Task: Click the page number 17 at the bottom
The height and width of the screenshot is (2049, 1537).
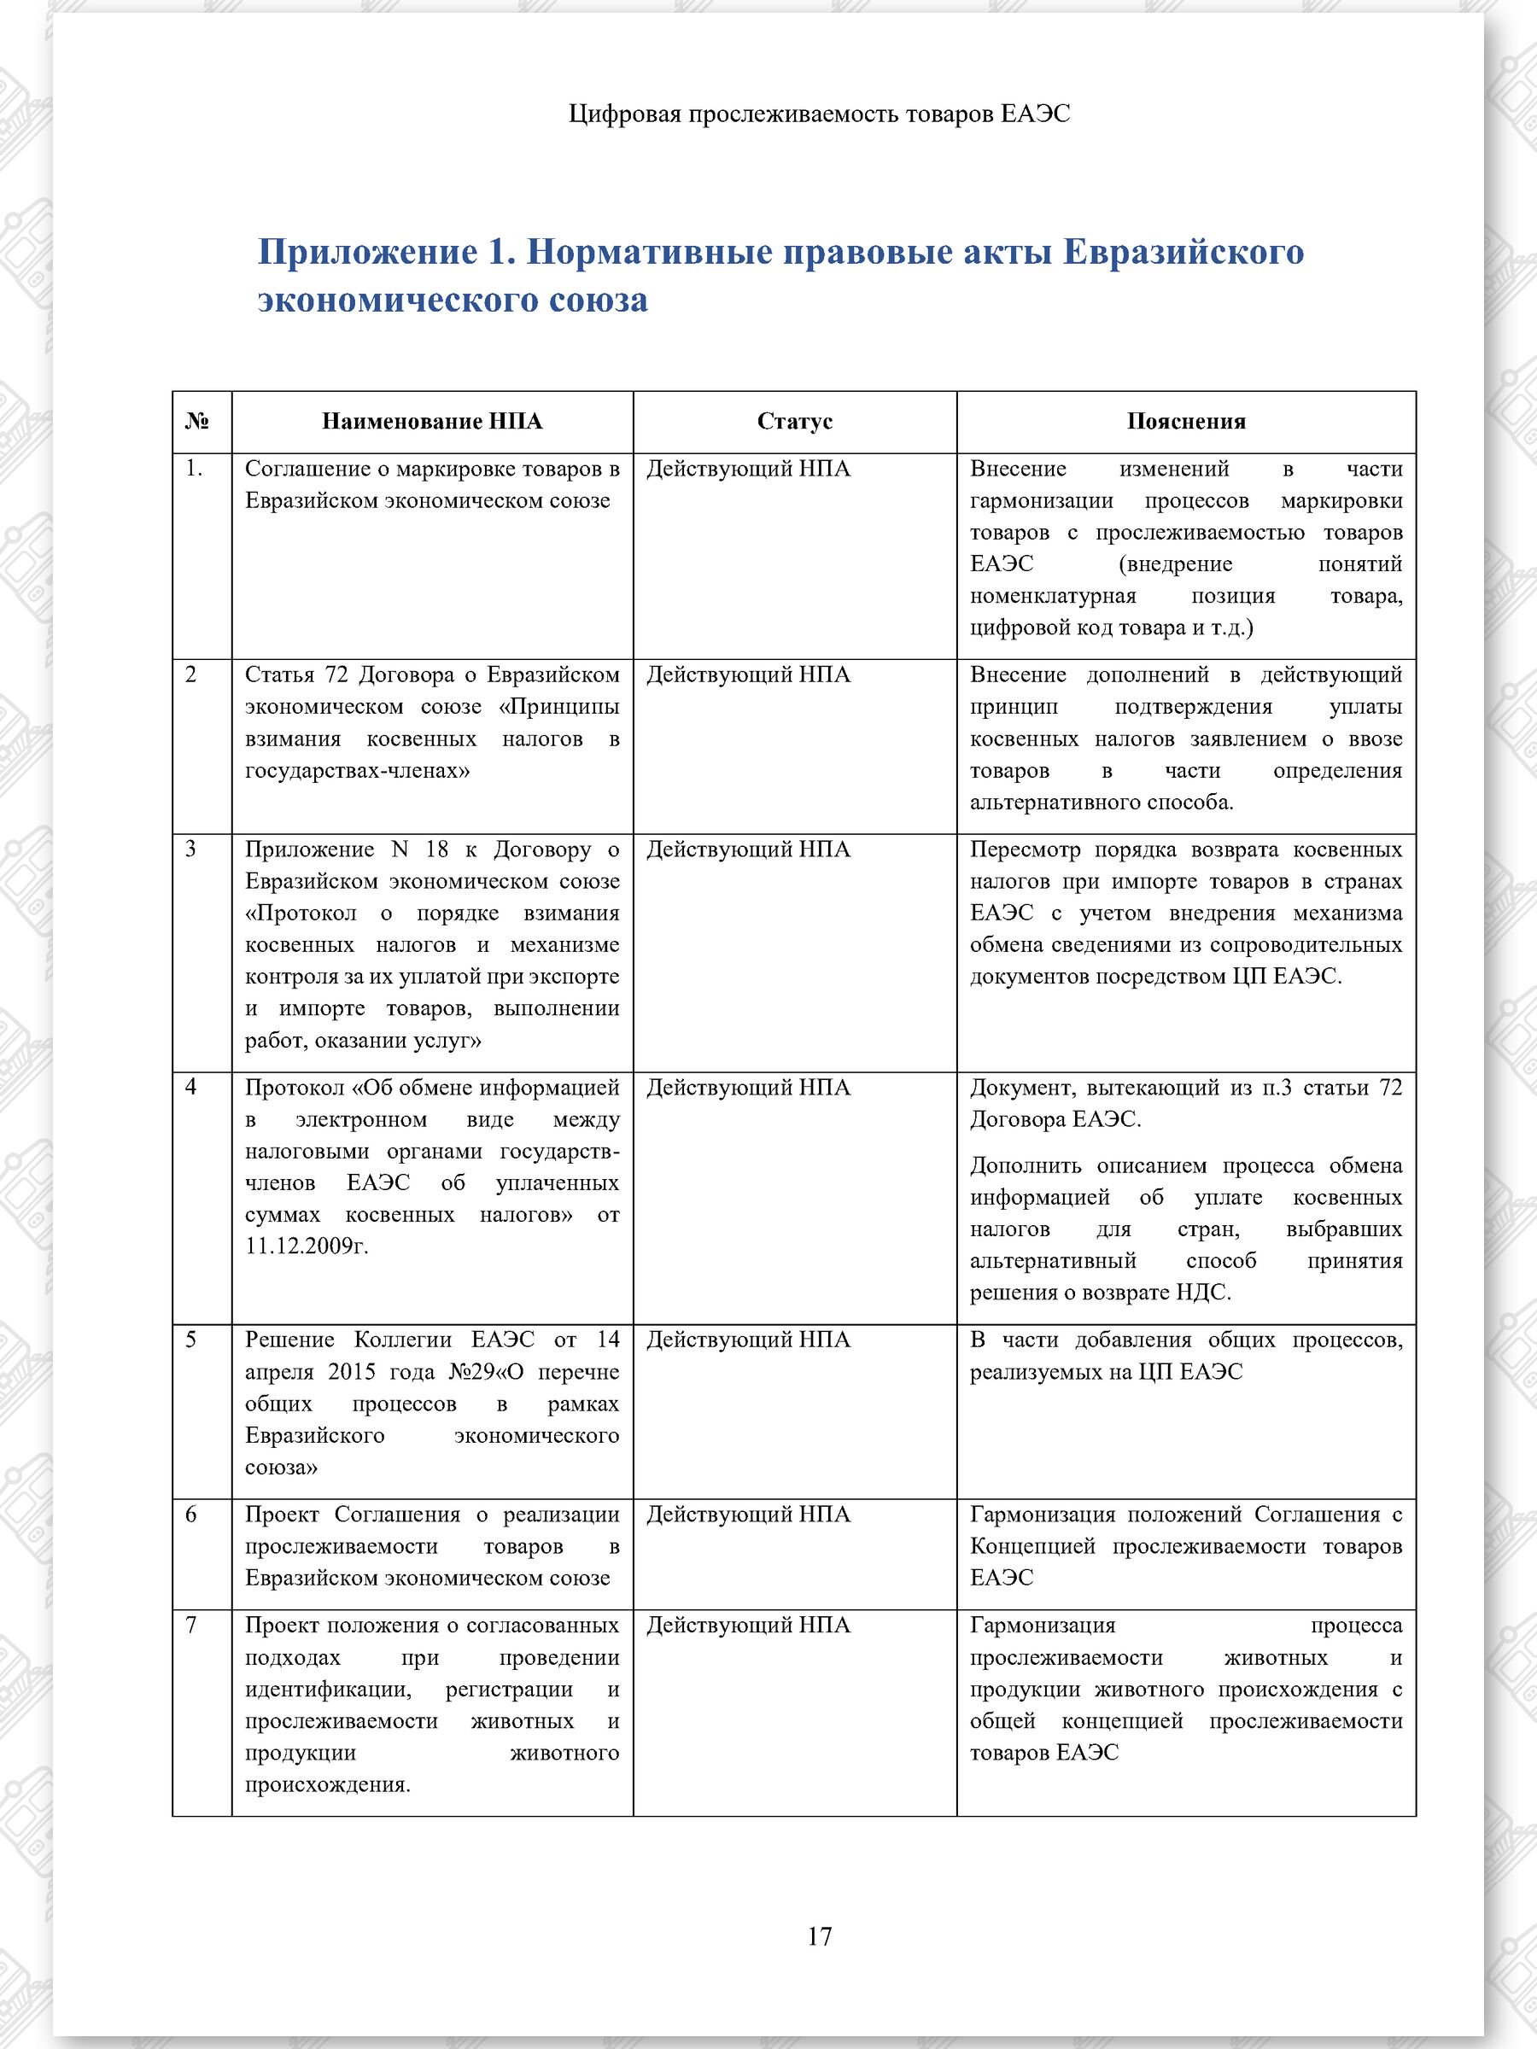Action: tap(819, 1936)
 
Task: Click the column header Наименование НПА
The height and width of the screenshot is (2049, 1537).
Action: tap(432, 422)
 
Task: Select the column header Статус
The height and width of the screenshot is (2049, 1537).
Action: tap(794, 422)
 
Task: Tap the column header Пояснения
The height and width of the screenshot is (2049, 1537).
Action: tap(1185, 422)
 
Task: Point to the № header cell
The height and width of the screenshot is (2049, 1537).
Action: tap(196, 422)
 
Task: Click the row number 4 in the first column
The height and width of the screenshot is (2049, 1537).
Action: tap(191, 1087)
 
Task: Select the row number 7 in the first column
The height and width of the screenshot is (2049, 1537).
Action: tap(191, 1624)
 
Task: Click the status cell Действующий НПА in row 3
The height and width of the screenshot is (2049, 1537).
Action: tap(748, 849)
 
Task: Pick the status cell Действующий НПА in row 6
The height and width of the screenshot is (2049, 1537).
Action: tap(748, 1514)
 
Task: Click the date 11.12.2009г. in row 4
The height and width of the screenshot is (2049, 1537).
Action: tap(307, 1246)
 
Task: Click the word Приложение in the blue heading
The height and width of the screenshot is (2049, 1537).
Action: tap(366, 252)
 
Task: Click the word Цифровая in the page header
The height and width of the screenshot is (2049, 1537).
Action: tap(624, 114)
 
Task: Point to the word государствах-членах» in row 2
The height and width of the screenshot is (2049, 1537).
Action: tap(357, 770)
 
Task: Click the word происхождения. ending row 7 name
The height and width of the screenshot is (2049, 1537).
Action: tap(327, 1784)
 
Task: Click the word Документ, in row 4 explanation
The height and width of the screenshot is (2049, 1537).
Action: tap(1021, 1087)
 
